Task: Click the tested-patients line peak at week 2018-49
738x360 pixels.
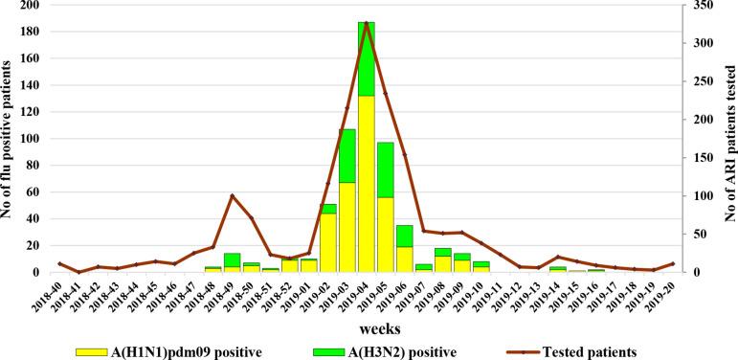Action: (x=232, y=195)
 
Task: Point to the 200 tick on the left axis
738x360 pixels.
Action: (x=36, y=6)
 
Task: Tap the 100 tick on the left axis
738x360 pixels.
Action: (x=36, y=139)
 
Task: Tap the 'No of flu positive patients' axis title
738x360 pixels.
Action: (x=9, y=139)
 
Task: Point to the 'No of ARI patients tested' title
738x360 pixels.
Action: (x=727, y=139)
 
